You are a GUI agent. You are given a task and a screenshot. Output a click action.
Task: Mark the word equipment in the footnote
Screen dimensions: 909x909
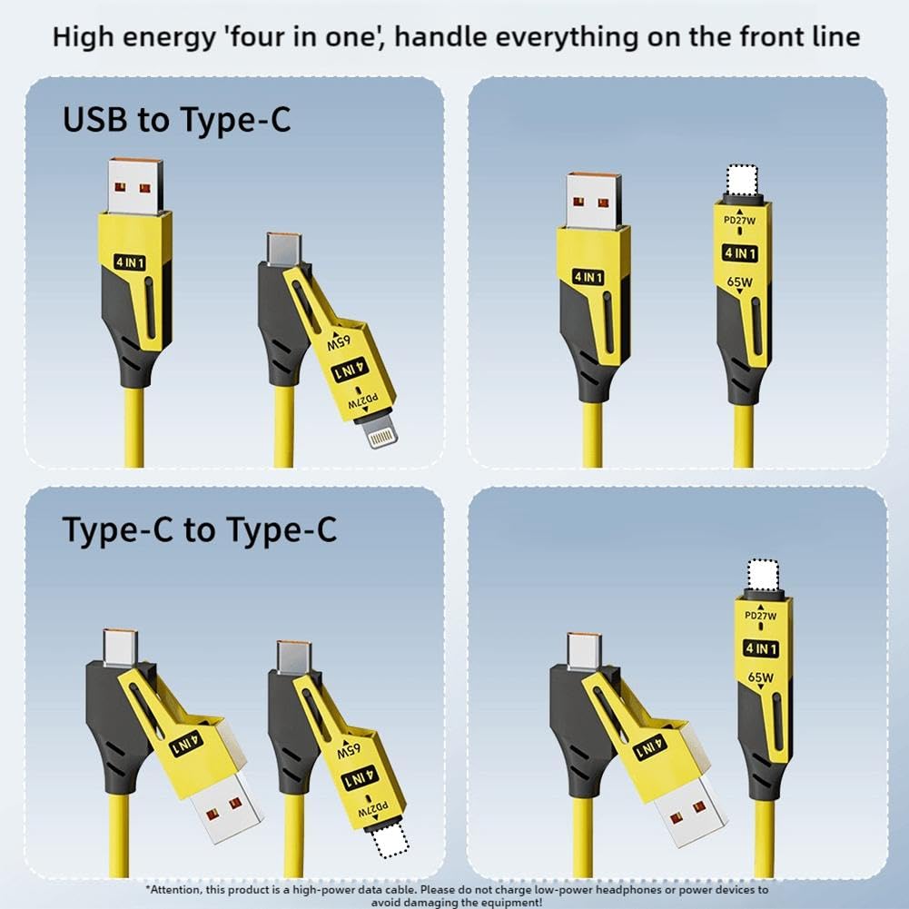click(x=506, y=903)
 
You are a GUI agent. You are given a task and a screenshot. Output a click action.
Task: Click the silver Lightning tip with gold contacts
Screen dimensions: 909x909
click(x=383, y=434)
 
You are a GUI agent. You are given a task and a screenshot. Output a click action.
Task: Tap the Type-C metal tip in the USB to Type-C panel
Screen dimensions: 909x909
click(x=282, y=247)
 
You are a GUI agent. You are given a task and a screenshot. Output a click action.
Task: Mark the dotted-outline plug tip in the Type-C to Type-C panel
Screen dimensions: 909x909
click(x=394, y=845)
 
